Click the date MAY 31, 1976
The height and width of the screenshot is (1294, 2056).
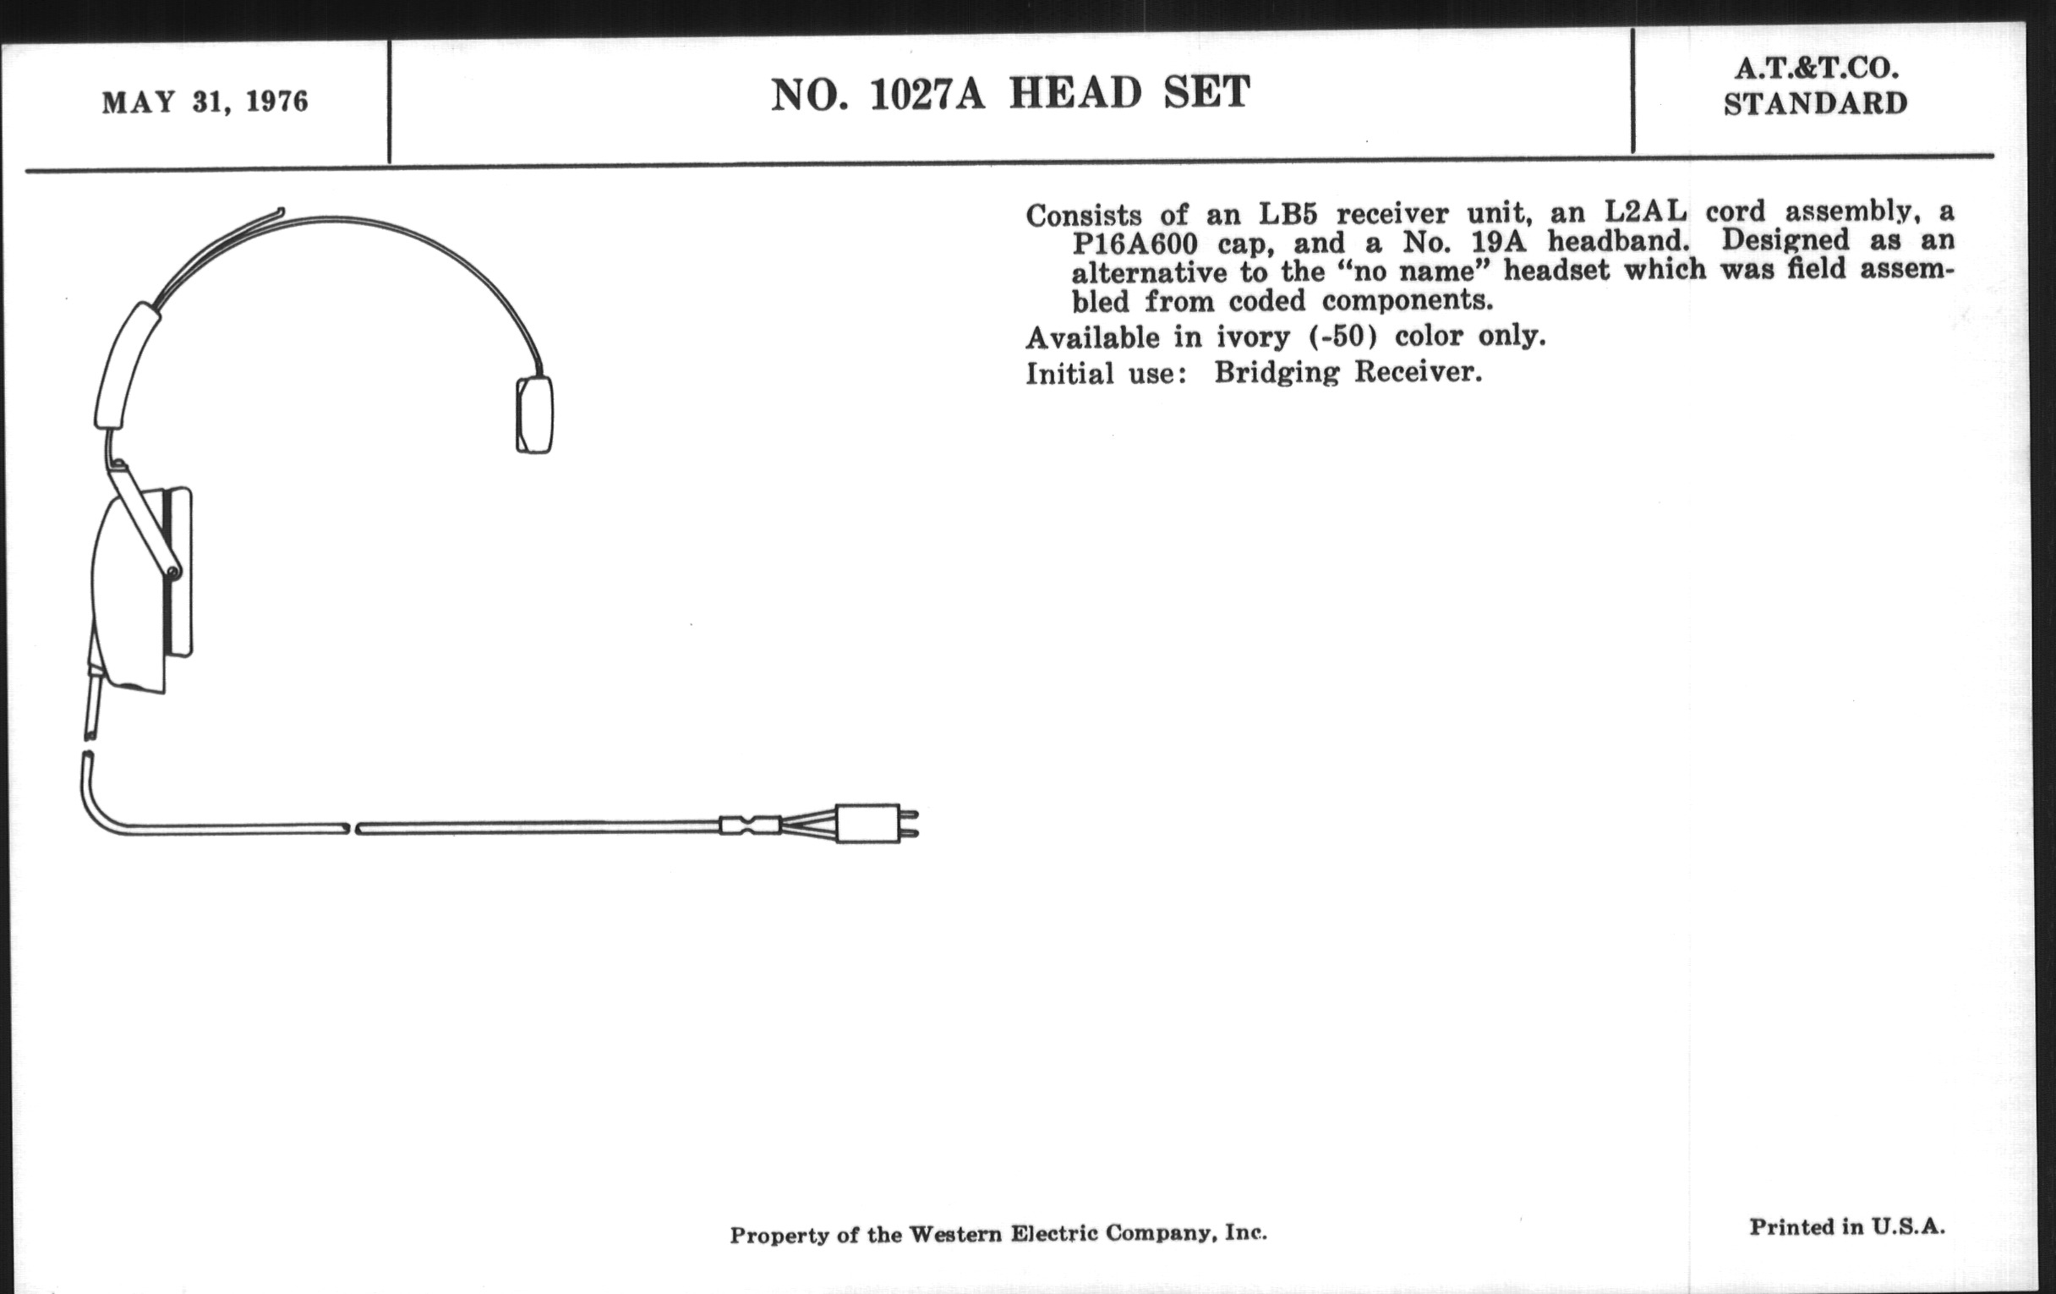point(205,102)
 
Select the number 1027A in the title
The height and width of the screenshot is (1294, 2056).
point(927,94)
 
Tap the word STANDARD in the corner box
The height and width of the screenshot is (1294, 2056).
point(1815,104)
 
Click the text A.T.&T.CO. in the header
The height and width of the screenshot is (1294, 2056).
point(1815,69)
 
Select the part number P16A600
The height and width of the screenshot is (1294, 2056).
point(1135,244)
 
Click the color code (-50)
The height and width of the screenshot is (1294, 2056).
point(1343,336)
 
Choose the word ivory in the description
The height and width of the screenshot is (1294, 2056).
point(1253,338)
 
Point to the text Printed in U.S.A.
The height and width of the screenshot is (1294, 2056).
point(1847,1227)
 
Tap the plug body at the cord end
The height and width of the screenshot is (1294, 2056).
point(867,825)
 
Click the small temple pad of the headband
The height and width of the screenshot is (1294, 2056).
point(534,415)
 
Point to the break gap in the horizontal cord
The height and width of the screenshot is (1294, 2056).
point(352,829)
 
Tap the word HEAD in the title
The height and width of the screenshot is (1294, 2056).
point(1075,93)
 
